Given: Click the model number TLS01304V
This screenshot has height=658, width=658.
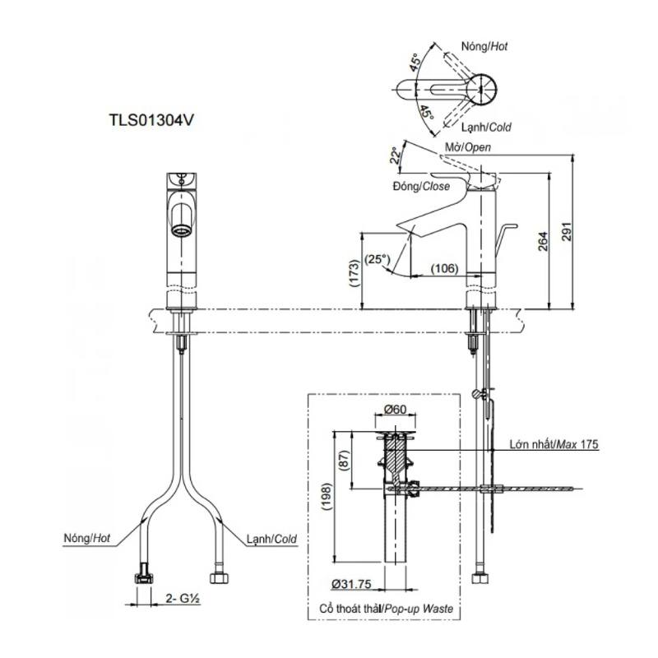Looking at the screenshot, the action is pos(151,120).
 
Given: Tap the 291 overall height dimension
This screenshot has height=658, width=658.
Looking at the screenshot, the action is pos(567,232).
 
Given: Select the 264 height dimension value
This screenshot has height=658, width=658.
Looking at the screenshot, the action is pos(543,241).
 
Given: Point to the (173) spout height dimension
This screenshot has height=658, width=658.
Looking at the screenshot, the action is pos(354,273).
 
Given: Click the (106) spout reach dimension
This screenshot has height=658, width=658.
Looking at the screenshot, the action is pos(445,268).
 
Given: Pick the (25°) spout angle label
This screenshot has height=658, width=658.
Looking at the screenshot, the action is pos(378,259).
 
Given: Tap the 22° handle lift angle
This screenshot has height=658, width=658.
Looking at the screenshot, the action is pos(395,155).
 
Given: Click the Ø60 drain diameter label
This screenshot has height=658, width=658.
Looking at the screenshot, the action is pos(396,409).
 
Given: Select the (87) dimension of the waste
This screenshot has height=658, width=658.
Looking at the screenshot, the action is pos(344,460).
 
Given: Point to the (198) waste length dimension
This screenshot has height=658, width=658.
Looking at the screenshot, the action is pos(327,497).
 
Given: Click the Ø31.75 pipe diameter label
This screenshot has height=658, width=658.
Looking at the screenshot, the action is pos(351,584).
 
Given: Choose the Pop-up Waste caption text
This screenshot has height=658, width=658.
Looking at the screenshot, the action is pos(419,609).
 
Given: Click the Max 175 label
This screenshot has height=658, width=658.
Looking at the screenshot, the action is pos(577,444).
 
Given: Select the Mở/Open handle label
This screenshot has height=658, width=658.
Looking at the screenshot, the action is pos(467,147).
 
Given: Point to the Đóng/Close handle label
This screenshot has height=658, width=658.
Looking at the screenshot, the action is pos(421,186).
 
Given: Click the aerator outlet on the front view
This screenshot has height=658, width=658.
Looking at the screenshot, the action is pos(182,230).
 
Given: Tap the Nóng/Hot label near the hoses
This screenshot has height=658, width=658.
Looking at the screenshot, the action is pos(87,538).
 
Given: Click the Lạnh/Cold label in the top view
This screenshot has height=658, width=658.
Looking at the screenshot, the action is pos(486,127).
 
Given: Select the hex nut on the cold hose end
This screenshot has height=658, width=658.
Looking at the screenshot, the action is pos(219,578).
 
